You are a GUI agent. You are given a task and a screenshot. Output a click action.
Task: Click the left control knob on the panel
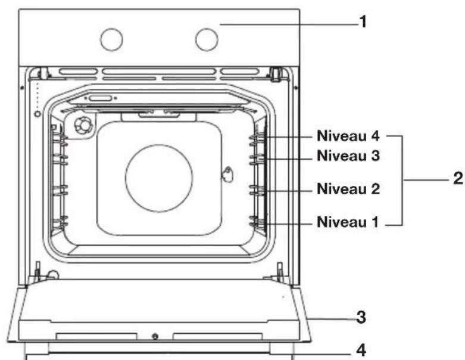[x=111, y=39]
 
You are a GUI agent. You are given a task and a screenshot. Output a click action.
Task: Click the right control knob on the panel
[x=207, y=39]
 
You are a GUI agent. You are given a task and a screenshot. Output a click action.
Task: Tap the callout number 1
[x=363, y=22]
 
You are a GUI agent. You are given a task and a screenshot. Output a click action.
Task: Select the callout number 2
[x=458, y=178]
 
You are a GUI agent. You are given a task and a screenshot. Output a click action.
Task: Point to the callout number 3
[x=361, y=317]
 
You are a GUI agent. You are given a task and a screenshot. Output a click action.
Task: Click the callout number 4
[x=361, y=350]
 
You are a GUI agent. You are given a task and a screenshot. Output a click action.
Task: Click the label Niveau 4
[x=348, y=136]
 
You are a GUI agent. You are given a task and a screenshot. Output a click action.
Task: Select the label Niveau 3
[x=348, y=156]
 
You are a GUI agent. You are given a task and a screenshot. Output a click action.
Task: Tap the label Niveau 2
[x=348, y=189]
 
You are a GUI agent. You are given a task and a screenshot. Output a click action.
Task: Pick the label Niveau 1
[x=348, y=222]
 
